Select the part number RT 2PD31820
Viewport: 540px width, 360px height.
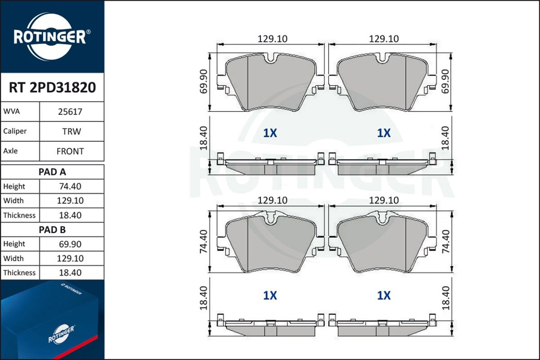(x=52, y=87)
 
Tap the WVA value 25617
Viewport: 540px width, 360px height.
(x=70, y=112)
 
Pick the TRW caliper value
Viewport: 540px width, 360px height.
(x=72, y=131)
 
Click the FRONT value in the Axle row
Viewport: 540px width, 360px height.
(x=70, y=151)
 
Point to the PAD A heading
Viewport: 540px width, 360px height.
(x=52, y=171)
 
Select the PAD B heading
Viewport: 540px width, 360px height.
(x=52, y=229)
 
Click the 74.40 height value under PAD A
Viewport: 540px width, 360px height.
(x=70, y=186)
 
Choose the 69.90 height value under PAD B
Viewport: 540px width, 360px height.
(x=70, y=244)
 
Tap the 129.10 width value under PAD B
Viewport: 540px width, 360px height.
(x=70, y=258)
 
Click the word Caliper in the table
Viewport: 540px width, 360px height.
(x=15, y=131)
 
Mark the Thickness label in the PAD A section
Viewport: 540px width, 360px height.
(x=19, y=215)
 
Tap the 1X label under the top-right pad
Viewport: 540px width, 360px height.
(x=383, y=133)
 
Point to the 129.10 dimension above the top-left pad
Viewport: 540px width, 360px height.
(x=272, y=39)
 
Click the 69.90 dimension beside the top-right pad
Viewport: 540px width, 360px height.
(x=445, y=81)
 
